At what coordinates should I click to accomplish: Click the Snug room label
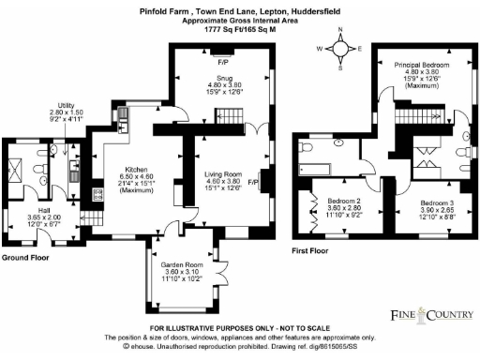click(x=225, y=77)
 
